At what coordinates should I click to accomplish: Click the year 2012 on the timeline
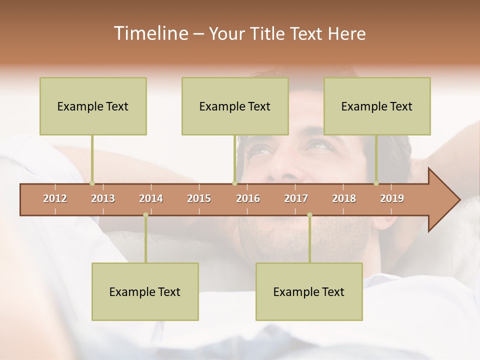point(55,198)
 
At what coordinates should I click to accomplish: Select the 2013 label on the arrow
point(103,198)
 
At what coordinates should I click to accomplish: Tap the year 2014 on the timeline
point(151,198)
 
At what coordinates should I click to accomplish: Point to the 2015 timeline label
point(199,198)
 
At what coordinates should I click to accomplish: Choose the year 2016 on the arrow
point(248,198)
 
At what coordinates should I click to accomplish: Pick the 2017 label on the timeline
point(296,198)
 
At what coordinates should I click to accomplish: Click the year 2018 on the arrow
point(344,198)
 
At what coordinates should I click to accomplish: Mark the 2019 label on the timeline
point(392,198)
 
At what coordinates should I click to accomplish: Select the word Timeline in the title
point(149,33)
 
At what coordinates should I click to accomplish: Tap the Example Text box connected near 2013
point(93,106)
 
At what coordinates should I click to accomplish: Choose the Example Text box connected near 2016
point(235,106)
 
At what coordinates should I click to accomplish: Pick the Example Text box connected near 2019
point(377,106)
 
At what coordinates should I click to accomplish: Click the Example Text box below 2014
point(145,291)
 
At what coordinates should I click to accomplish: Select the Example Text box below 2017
point(309,291)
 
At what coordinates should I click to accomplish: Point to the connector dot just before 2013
point(92,183)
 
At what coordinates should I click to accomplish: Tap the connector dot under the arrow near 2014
point(145,215)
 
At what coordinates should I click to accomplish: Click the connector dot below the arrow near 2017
point(309,215)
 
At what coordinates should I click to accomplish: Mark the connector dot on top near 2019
point(376,183)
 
